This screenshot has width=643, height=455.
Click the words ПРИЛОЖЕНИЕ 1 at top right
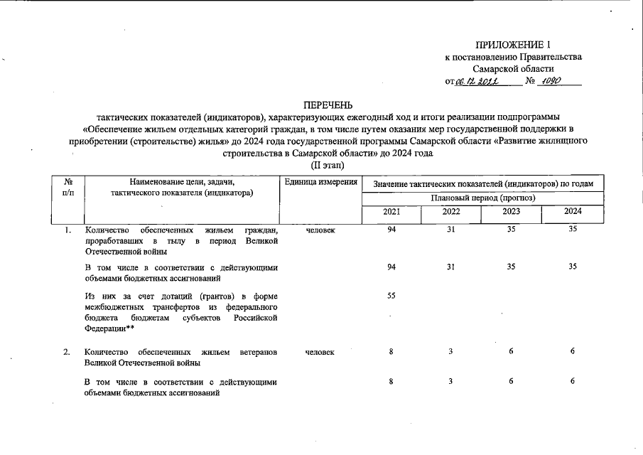click(x=513, y=44)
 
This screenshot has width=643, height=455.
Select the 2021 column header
click(x=391, y=211)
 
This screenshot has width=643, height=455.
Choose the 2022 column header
click(x=451, y=211)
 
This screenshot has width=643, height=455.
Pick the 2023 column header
click(x=512, y=211)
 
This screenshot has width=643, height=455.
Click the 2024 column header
click(x=573, y=211)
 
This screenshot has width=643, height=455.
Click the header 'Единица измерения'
click(x=320, y=183)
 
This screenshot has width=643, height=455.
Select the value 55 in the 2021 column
click(x=391, y=295)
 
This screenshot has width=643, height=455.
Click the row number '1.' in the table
click(x=67, y=230)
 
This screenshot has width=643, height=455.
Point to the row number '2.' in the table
click(x=67, y=352)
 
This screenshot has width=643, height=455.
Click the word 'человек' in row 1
click(x=320, y=230)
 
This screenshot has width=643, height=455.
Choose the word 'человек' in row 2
click(x=320, y=352)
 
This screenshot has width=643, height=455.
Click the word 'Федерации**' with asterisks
click(x=105, y=328)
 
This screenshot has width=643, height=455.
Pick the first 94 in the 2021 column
click(x=391, y=230)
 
